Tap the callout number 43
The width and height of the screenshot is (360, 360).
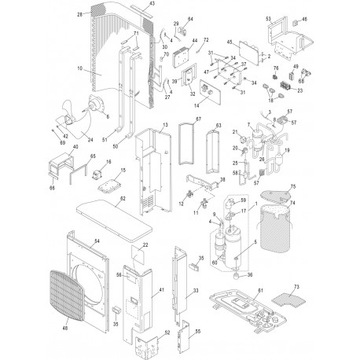(x=152, y=6)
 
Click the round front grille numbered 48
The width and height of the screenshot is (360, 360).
(x=77, y=296)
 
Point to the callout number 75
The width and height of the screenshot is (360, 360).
(x=294, y=186)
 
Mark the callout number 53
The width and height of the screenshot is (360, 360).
(x=268, y=17)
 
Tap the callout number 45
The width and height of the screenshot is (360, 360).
(x=230, y=42)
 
